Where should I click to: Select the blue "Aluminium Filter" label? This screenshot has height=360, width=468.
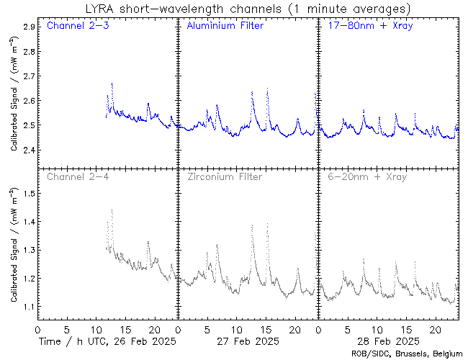pos(225,26)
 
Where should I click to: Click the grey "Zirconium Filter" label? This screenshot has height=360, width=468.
pos(225,176)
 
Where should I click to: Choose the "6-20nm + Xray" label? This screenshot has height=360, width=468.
pos(366,176)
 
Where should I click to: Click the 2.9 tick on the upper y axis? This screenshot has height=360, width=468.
pos(30,27)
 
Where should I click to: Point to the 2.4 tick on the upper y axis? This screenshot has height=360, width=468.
pos(30,150)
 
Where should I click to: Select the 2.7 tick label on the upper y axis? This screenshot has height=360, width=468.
pos(30,76)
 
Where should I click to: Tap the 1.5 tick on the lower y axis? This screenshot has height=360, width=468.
pos(30,193)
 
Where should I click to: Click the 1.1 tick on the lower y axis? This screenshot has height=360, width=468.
pos(30,307)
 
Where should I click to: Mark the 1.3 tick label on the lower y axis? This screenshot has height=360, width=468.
pos(30,250)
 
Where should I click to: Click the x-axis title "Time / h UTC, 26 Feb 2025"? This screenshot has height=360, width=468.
pos(107,341)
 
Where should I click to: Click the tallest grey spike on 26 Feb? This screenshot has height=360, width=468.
pos(112,210)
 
